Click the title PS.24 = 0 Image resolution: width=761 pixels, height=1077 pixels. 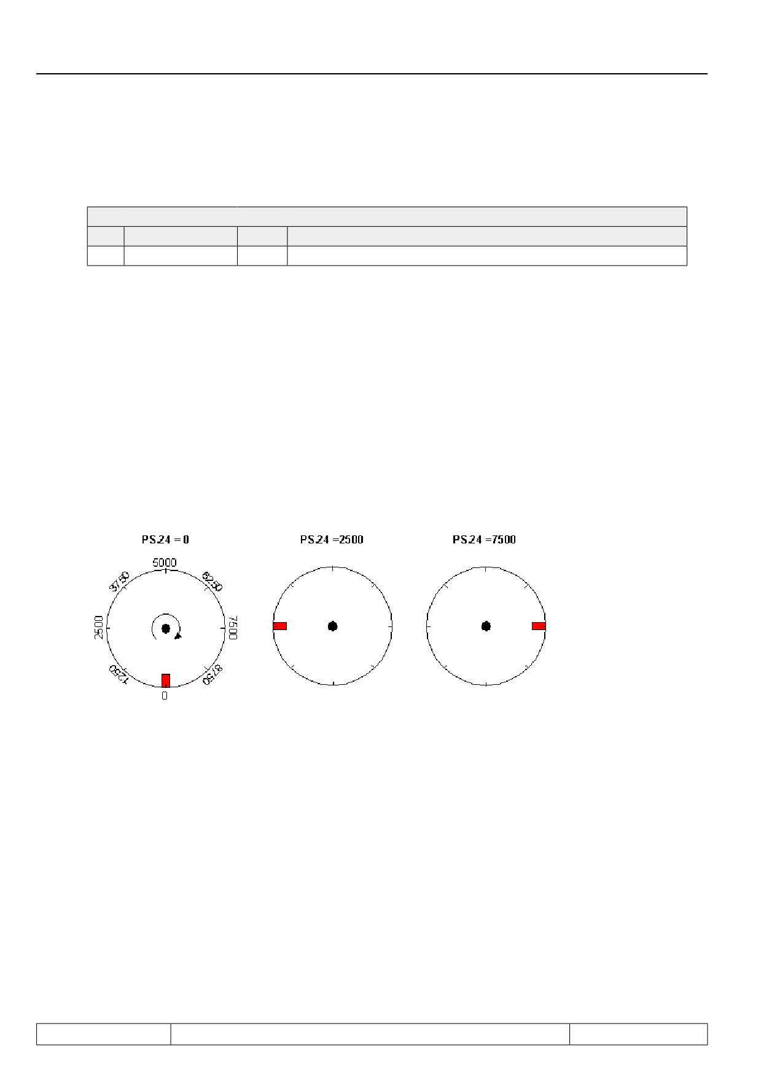click(165, 540)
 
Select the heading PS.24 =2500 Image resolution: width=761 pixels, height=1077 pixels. click(331, 540)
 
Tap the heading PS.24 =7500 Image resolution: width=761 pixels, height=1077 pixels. click(484, 540)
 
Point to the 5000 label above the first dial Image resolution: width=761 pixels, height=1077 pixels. click(164, 562)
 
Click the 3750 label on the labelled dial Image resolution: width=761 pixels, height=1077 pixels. click(120, 581)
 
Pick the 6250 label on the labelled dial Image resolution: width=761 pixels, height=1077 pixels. click(211, 581)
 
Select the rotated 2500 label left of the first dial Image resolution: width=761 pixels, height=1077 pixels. click(98, 628)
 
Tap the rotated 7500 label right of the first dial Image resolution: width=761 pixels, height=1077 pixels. click(233, 628)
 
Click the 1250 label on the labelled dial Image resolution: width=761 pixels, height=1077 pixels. click(119, 674)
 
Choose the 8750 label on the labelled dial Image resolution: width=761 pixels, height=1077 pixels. click(211, 674)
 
